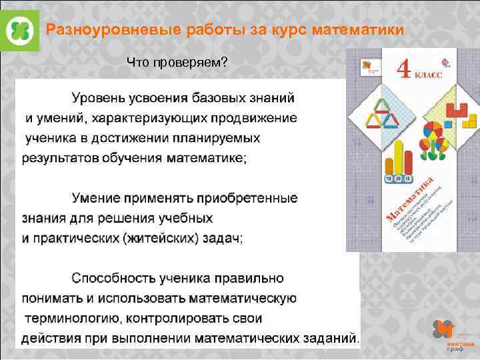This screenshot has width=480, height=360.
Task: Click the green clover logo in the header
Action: coord(20,30)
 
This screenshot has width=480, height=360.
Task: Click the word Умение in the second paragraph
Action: coord(97,198)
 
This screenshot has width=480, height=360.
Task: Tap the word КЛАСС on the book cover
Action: coord(429,76)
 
